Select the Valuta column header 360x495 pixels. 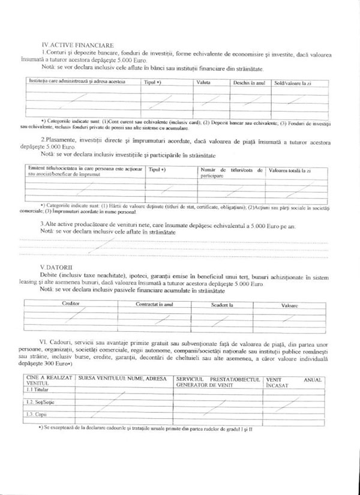tap(203, 82)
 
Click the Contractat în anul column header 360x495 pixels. tap(154, 304)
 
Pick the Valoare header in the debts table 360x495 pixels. tap(290, 305)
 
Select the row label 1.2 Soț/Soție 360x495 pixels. tap(40, 402)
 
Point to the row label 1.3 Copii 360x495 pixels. tap(36, 414)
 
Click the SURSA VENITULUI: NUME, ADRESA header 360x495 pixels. tap(122, 380)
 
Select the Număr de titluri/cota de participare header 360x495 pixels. tap(231, 173)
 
